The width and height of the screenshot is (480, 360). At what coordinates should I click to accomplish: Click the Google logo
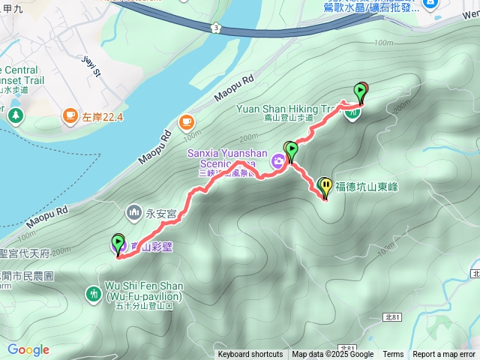[x=28, y=349]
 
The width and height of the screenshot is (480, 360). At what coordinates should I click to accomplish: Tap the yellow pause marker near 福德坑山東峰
[x=325, y=185]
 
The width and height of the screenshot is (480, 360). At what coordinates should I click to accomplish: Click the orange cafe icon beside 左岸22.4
[x=70, y=115]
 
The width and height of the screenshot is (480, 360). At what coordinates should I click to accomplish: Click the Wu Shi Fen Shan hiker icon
[x=94, y=293]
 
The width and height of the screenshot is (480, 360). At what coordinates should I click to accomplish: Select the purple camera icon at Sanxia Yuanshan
[x=277, y=160]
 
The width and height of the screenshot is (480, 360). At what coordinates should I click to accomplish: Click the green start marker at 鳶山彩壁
[x=118, y=242]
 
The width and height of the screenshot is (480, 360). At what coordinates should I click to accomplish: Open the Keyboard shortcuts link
[x=250, y=355]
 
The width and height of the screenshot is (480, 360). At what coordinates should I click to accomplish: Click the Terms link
[x=393, y=355]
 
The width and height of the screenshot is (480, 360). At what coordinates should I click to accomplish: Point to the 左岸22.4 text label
[x=103, y=116]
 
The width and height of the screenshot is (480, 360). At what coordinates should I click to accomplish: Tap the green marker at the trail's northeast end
[x=361, y=91]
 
